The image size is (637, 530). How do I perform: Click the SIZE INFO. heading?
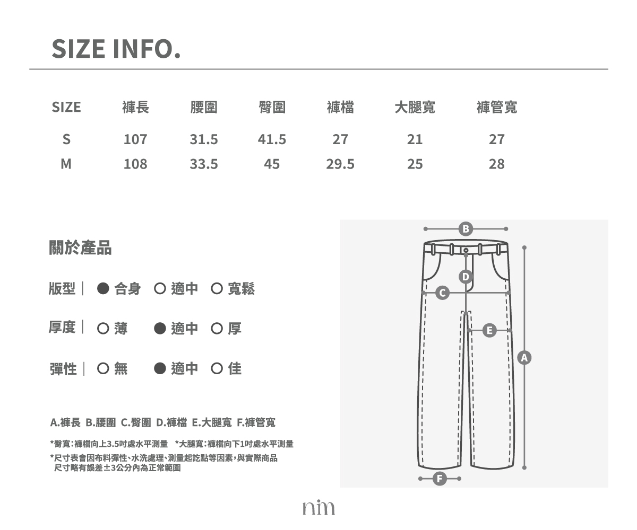tap(116, 49)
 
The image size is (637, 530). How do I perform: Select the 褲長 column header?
tap(135, 107)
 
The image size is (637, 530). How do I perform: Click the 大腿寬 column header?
tap(415, 107)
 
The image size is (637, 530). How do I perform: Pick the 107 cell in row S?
tap(135, 139)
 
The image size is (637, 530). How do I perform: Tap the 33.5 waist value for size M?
tap(204, 164)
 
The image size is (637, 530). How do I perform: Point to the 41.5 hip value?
tap(272, 139)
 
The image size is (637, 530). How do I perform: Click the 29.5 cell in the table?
tap(340, 164)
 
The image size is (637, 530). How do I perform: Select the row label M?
tap(66, 164)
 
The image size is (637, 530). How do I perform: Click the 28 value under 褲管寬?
tap(497, 164)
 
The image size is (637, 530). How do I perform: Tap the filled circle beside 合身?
tap(103, 288)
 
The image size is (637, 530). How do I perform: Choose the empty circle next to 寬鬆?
tap(217, 288)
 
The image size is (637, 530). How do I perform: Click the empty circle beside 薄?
tap(103, 329)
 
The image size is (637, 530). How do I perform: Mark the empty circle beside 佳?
tap(217, 368)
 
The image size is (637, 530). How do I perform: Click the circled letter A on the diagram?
tap(524, 358)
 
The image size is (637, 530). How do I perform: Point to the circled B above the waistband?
tap(466, 229)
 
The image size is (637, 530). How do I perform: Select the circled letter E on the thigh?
tap(489, 331)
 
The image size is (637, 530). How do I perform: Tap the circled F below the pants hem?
tap(440, 479)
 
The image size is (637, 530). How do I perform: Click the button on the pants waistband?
tap(466, 250)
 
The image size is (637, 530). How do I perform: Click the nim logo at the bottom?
tap(318, 508)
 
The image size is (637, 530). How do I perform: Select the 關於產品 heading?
tap(80, 248)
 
